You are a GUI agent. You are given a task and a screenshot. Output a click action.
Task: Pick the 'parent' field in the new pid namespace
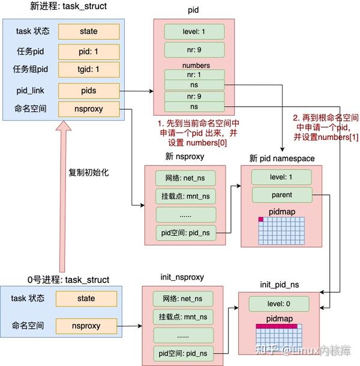coord(281,195)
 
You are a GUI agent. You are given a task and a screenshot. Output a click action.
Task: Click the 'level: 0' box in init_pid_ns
coord(280,304)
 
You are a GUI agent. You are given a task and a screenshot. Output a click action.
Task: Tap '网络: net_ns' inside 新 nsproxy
coord(185,178)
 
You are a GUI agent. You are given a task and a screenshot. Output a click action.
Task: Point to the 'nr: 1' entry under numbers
coord(194,76)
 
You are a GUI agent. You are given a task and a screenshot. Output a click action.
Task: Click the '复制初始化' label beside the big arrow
coord(89,172)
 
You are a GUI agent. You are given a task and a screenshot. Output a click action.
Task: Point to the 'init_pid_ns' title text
coord(280,283)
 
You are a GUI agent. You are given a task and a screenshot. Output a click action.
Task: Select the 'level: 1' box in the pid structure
coord(194,31)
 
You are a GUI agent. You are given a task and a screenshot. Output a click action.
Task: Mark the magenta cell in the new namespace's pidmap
coord(262,220)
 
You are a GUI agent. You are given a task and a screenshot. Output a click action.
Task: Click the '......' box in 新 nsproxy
coord(185,214)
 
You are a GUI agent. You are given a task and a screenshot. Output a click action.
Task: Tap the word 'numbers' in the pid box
coord(194,65)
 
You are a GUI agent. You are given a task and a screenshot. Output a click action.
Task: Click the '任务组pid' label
coord(29,70)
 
